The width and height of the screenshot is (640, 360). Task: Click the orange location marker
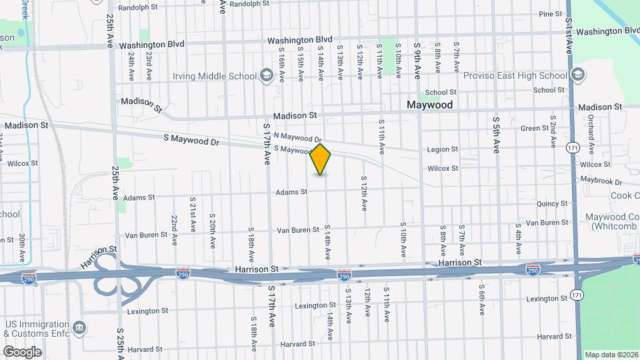[x=321, y=159]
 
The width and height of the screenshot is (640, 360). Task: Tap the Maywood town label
[x=430, y=105]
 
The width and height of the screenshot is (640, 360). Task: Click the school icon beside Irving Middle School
[x=267, y=75]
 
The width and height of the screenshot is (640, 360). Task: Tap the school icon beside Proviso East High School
[x=578, y=74]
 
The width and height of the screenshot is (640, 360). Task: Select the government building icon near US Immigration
[x=79, y=327]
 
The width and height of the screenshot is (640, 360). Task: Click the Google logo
[x=22, y=351]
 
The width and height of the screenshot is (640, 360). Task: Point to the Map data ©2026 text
[x=611, y=355]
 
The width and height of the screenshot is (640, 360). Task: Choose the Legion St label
[x=443, y=149]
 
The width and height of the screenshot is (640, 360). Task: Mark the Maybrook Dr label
[x=601, y=181]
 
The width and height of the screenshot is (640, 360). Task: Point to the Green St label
[x=534, y=128]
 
